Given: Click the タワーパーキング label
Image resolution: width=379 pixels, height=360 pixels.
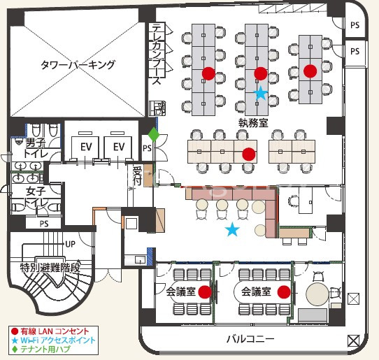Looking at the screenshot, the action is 78,65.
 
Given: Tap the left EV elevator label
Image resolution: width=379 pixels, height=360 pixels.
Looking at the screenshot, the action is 86,147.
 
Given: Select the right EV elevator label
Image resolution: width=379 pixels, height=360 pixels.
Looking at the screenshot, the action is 119,147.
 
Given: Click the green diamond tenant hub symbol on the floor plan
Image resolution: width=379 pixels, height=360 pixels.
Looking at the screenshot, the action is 154,134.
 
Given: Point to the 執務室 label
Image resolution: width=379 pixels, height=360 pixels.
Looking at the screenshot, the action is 253,123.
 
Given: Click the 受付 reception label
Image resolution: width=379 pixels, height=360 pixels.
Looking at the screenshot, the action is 137,175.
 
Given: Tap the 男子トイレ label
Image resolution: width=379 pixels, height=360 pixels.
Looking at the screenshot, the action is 36,148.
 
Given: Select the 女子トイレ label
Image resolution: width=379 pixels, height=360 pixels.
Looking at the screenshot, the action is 36,197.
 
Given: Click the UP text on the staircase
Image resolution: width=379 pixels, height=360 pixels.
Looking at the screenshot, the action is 71,244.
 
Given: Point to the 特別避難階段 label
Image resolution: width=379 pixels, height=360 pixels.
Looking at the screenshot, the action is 50,268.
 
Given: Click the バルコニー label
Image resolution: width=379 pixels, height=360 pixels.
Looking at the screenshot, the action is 250,339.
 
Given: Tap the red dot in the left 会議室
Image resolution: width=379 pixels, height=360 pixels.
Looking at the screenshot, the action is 205,292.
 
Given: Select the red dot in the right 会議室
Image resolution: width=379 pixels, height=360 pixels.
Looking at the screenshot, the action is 284,292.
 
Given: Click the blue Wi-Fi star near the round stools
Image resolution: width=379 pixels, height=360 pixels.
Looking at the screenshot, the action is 232,229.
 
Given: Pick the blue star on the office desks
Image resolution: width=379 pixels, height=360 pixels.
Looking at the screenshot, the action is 261,93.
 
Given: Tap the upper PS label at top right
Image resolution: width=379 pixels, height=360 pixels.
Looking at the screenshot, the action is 355,25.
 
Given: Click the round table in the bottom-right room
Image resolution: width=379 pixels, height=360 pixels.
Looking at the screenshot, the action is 317,294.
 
